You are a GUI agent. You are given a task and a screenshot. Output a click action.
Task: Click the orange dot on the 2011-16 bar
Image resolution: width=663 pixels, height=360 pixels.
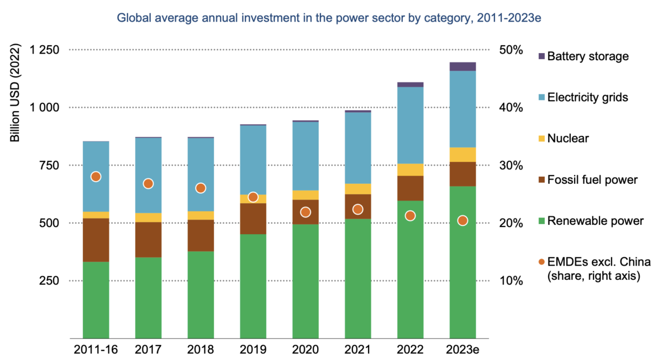pyautogui.click(x=96, y=177)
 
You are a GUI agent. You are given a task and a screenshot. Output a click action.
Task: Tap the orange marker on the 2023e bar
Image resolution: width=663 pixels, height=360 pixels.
pyautogui.click(x=463, y=221)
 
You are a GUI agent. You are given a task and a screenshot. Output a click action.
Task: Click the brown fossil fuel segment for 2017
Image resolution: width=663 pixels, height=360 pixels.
pyautogui.click(x=148, y=240)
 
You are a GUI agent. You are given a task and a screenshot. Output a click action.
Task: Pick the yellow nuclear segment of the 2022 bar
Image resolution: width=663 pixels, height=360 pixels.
pyautogui.click(x=410, y=170)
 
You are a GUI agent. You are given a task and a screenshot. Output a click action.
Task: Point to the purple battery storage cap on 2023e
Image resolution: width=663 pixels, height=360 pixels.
pyautogui.click(x=463, y=67)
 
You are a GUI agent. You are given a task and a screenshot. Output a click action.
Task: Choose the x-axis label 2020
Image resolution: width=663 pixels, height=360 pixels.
pyautogui.click(x=305, y=350)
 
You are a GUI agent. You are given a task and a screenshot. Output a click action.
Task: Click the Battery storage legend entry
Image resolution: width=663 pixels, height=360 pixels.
pyautogui.click(x=587, y=56)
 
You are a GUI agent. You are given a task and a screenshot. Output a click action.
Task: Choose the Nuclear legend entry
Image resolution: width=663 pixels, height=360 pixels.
pyautogui.click(x=567, y=139)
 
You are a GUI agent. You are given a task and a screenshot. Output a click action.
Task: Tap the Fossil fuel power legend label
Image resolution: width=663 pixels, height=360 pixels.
pyautogui.click(x=592, y=180)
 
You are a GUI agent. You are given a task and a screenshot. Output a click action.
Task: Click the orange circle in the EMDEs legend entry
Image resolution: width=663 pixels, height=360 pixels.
pyautogui.click(x=541, y=262)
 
